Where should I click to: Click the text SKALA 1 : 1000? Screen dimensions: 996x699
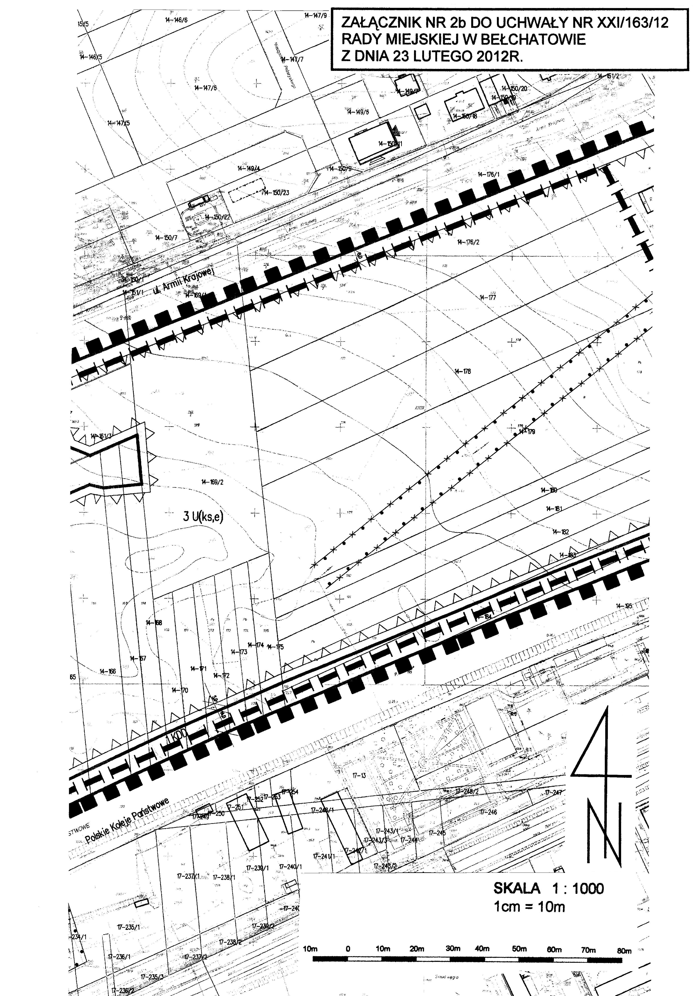coord(548,889)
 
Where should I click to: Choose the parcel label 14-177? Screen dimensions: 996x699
coord(488,298)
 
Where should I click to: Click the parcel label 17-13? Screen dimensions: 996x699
coord(359,776)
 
